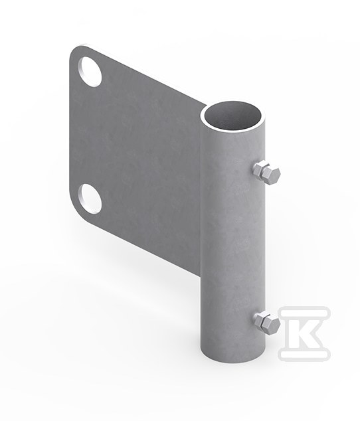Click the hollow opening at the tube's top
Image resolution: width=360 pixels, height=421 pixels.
pos(232,116)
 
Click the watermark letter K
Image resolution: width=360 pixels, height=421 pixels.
pos(304,333)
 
